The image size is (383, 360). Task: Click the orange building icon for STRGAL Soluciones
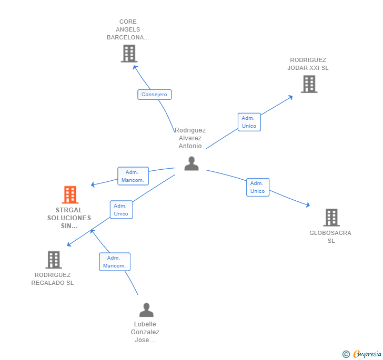70,195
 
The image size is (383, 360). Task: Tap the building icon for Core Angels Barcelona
129,54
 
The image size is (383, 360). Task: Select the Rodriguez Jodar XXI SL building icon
309,84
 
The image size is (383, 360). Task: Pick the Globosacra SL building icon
331,218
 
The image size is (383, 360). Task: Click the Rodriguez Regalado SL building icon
53,260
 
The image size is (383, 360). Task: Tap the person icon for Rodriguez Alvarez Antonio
191,164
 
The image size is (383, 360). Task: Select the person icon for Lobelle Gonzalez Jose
146,310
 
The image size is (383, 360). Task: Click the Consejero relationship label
155,95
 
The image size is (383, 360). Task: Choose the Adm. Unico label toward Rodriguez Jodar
249,122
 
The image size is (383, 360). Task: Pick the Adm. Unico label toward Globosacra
258,187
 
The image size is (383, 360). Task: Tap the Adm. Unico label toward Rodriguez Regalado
121,210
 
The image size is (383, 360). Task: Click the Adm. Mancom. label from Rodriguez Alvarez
133,176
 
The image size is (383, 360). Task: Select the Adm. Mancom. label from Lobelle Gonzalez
115,262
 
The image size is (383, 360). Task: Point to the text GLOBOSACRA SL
330,236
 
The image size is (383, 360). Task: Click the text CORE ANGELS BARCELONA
128,30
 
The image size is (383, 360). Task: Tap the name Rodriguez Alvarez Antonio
190,138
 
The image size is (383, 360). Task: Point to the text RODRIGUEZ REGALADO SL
53,279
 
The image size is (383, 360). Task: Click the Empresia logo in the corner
362,354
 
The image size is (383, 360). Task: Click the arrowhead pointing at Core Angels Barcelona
135,67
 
